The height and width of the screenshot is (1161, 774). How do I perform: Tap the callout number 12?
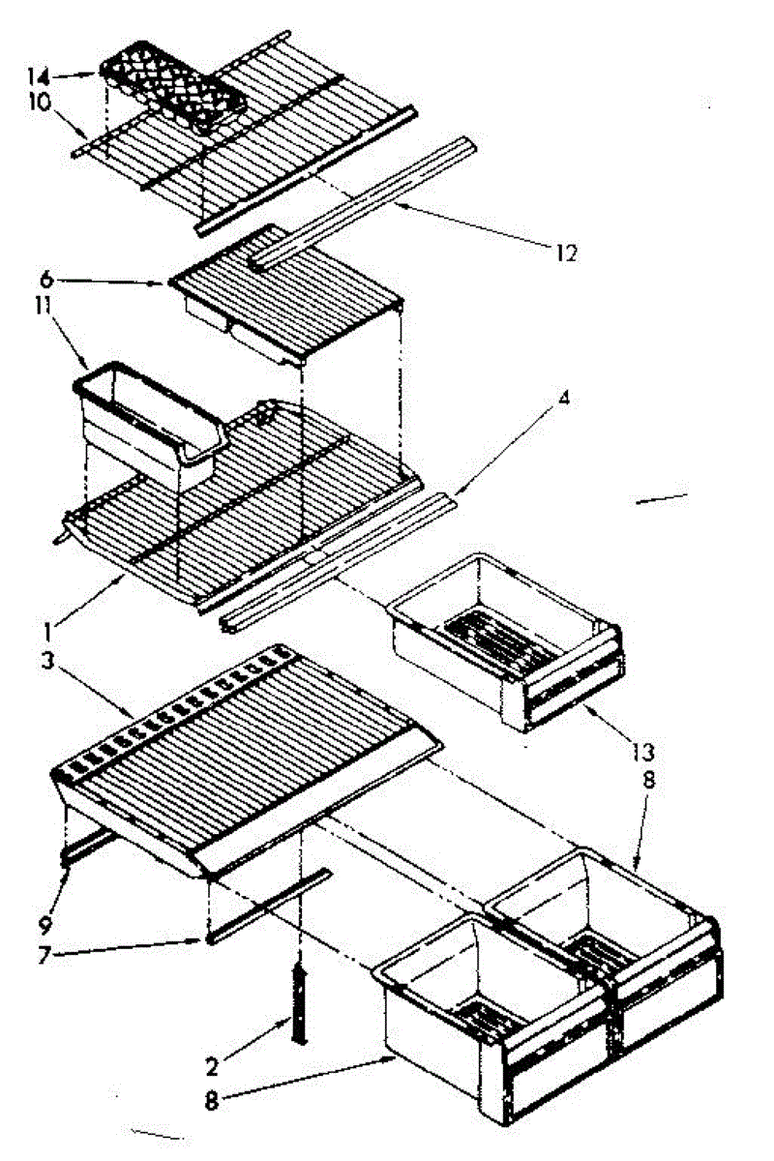pos(566,253)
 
